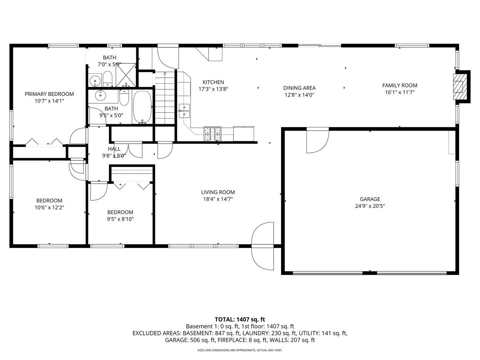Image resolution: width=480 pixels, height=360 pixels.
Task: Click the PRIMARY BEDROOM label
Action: [49, 94]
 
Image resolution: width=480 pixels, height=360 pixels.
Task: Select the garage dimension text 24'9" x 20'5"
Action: [370, 206]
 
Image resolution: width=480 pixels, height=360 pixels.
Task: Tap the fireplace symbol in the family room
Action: [458, 86]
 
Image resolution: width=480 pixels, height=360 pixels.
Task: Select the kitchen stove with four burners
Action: [213, 135]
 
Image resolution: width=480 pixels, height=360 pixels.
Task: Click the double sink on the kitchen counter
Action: [184, 111]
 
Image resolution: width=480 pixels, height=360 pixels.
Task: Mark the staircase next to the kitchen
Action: [165, 98]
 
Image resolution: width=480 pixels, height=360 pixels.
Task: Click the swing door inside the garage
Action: [317, 141]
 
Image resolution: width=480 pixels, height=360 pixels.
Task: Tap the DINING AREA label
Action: [299, 88]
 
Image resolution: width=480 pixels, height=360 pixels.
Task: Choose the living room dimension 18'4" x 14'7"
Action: [218, 199]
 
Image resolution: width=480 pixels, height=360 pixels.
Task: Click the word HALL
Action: [114, 149]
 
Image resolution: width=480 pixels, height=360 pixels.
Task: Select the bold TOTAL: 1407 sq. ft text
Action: [240, 319]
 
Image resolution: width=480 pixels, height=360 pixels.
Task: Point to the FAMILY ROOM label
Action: [400, 85]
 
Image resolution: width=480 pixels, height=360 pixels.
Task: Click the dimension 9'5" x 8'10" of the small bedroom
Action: [120, 219]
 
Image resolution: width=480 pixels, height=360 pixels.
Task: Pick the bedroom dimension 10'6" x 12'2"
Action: [49, 207]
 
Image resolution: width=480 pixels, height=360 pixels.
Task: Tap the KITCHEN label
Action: [213, 82]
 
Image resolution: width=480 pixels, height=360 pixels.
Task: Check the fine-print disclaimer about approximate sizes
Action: [240, 350]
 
